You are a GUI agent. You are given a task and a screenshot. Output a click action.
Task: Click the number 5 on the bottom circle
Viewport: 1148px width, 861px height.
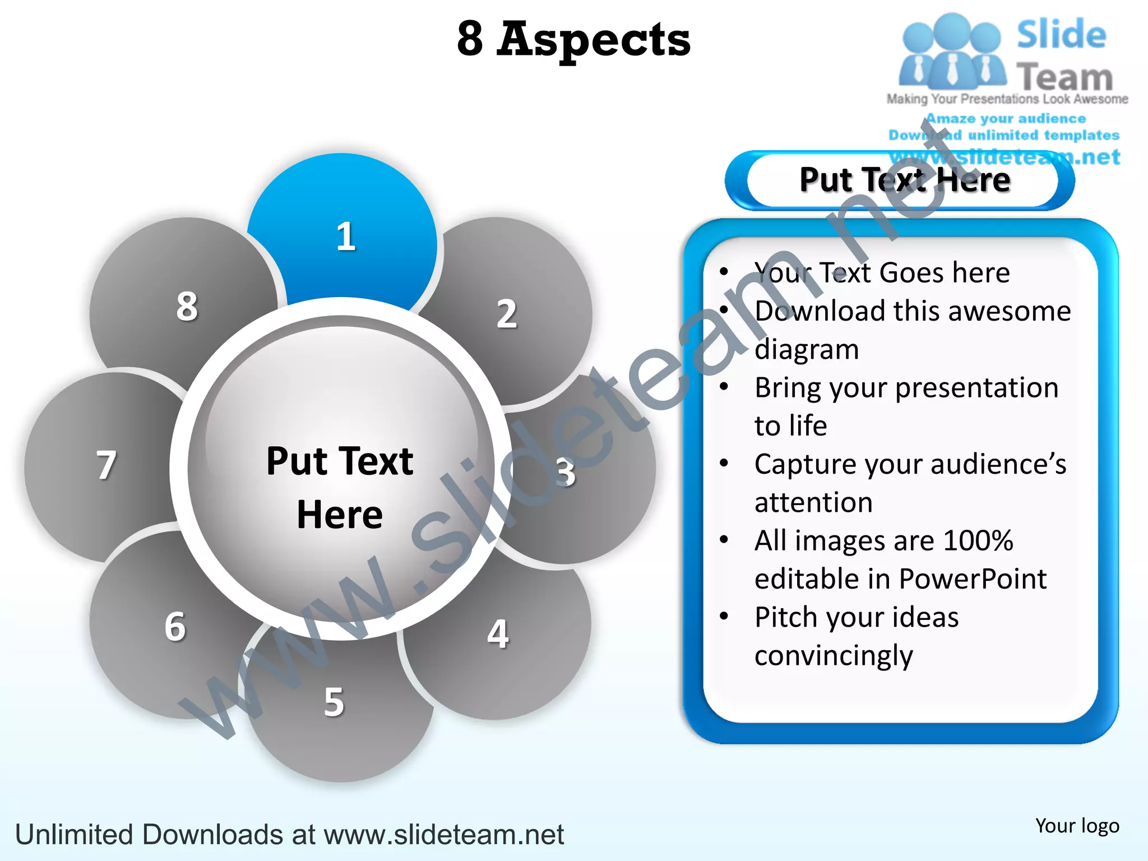tap(334, 702)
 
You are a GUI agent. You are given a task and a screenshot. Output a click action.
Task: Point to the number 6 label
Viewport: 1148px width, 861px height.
tap(175, 626)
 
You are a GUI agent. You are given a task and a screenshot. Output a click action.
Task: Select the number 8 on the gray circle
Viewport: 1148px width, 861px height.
tap(187, 306)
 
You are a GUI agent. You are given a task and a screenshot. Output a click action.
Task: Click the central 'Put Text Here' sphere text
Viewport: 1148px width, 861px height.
tap(340, 487)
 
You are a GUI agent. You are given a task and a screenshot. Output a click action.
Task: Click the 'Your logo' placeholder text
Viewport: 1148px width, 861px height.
tap(1077, 826)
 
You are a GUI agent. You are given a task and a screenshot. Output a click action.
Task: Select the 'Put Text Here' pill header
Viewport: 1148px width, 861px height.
tap(904, 180)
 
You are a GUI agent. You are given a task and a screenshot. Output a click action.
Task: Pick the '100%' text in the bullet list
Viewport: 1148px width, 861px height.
tap(978, 540)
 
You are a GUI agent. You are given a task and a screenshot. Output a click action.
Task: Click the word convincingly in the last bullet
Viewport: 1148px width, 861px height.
tap(834, 655)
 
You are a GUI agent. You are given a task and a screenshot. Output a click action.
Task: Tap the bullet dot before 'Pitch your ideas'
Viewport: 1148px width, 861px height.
tap(724, 616)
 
